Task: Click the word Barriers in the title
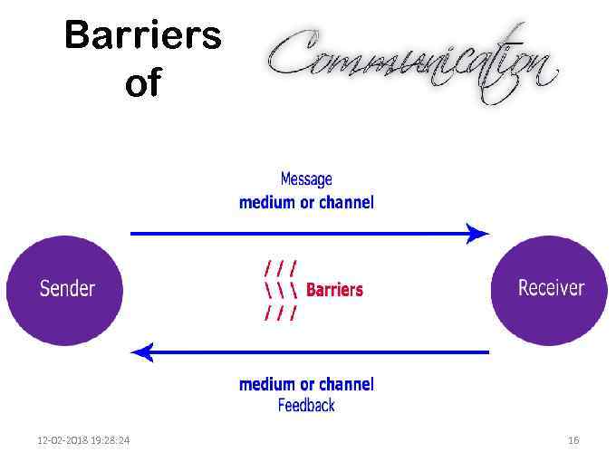coord(143,37)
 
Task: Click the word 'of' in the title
coord(143,84)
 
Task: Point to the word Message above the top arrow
coord(306,179)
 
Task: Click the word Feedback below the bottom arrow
coord(306,405)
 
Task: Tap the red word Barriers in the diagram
coord(334,290)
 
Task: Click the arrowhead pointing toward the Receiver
coord(477,234)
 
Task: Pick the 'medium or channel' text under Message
coord(306,202)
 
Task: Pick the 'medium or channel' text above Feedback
coord(306,384)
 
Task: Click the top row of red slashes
coord(280,268)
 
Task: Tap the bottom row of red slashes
coord(280,313)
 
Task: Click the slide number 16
coord(573,440)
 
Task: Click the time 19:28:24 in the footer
coord(110,440)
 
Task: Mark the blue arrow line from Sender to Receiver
coord(299,234)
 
